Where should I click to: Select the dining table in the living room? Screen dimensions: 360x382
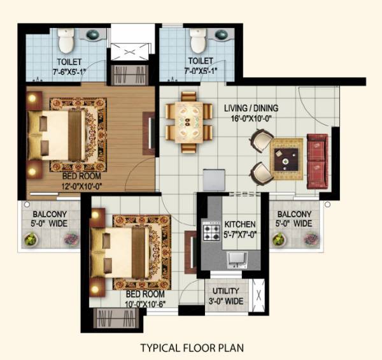[189, 122]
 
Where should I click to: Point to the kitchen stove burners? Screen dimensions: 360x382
[210, 231]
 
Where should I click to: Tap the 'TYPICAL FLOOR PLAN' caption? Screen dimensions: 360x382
[192, 348]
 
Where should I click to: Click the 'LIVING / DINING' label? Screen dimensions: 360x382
[251, 108]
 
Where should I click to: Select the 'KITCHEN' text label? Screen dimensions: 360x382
[240, 225]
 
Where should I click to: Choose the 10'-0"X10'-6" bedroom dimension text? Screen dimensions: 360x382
[145, 304]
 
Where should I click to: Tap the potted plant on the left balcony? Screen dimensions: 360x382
[31, 239]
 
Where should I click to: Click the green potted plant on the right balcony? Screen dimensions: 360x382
[278, 239]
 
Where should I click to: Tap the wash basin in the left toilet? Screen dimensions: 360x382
[92, 34]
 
